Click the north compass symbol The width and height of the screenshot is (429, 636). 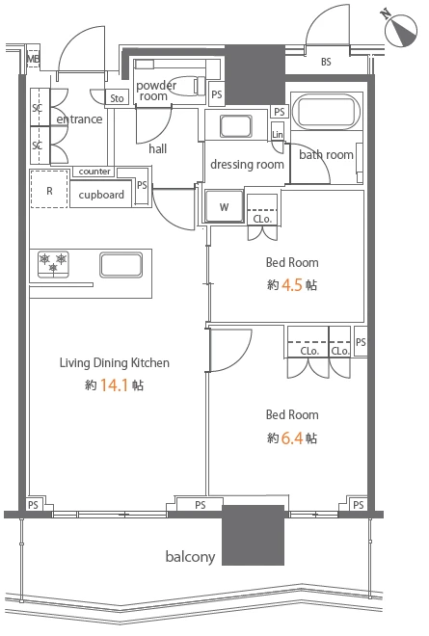click(x=401, y=30)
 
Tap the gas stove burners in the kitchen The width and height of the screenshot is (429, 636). click(x=53, y=264)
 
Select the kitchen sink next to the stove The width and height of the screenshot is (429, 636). click(x=121, y=265)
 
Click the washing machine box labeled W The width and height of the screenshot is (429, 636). click(x=224, y=206)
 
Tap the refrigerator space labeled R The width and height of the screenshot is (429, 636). click(x=49, y=190)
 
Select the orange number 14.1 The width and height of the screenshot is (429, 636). click(x=114, y=384)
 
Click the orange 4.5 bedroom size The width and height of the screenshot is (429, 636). click(x=292, y=285)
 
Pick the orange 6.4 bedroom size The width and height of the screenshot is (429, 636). click(x=292, y=438)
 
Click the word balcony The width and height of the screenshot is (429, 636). click(x=190, y=556)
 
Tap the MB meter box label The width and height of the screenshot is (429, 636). click(x=33, y=59)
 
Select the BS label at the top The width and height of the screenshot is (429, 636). click(x=326, y=62)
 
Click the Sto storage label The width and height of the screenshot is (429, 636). click(x=117, y=98)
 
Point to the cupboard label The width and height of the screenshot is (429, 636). click(x=101, y=195)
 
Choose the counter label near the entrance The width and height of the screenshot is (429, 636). click(x=94, y=172)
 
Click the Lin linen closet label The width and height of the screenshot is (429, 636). click(x=278, y=134)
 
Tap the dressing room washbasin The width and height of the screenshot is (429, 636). click(x=236, y=126)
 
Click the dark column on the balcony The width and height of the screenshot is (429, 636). click(x=253, y=535)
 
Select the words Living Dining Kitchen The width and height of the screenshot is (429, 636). click(x=115, y=362)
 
